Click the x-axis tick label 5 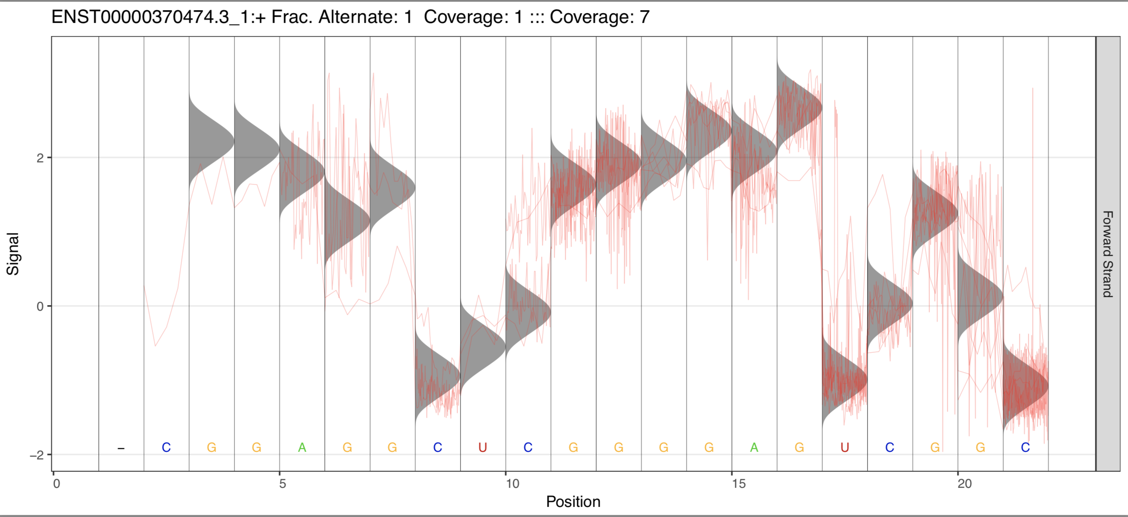pos(282,484)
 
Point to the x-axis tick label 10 pos(512,484)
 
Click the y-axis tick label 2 pos(40,158)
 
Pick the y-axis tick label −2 pos(37,455)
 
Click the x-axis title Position pos(573,502)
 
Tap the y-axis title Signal pos(13,254)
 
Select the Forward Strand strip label pos(1107,254)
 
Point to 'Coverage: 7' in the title pos(600,17)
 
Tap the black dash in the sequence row pos(121,448)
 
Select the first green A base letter pos(302,448)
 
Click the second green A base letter pos(754,448)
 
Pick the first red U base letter pos(483,448)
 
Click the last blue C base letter pos(1025,448)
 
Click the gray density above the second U pos(838,381)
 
